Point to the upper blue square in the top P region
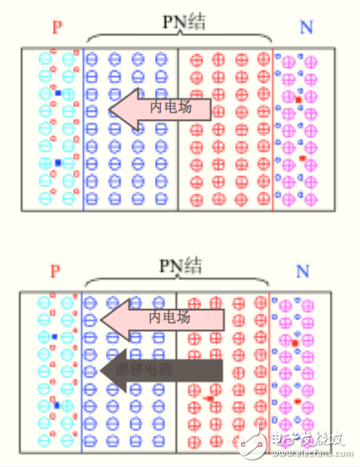tap(57, 93)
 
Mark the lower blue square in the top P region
tap(57, 163)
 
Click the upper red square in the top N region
tap(297, 99)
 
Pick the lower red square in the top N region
tap(303, 158)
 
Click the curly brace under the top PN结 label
tap(179, 38)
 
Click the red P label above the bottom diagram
tap(56, 272)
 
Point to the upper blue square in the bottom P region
tap(55, 338)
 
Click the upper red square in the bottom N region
tap(295, 343)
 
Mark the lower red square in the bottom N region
tap(297, 403)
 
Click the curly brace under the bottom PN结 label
tap(178, 283)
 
